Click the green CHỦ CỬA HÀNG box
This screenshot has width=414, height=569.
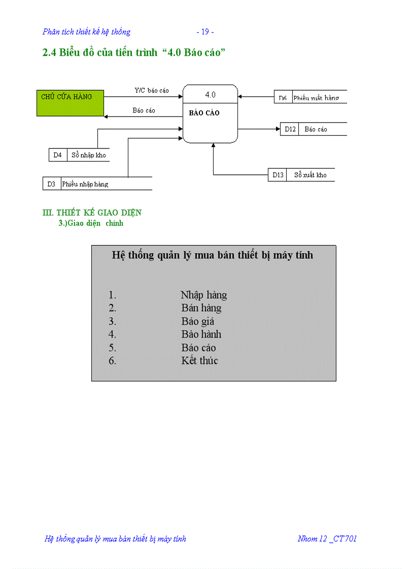[x=70, y=103]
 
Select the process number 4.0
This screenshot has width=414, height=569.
[x=210, y=95]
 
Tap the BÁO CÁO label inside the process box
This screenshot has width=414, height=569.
[x=204, y=113]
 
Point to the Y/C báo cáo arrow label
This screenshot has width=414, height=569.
[x=152, y=91]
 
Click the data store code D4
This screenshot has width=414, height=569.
[x=57, y=155]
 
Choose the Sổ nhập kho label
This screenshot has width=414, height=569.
[x=89, y=155]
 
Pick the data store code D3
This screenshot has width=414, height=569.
[x=51, y=184]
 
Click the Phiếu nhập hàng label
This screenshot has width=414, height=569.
[x=85, y=184]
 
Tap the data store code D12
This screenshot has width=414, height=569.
[x=290, y=129]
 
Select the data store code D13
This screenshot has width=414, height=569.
[x=278, y=175]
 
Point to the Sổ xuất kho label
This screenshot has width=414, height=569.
[x=310, y=175]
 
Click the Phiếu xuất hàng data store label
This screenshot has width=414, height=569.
[x=316, y=98]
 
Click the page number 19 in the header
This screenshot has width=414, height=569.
[x=205, y=32]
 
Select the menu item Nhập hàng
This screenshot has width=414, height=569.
[x=203, y=295]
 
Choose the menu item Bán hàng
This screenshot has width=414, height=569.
[x=201, y=308]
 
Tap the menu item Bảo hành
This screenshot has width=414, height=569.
[x=201, y=334]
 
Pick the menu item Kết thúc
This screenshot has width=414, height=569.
[x=200, y=361]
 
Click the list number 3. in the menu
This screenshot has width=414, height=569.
[x=112, y=321]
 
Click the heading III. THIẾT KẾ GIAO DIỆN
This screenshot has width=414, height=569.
[x=92, y=213]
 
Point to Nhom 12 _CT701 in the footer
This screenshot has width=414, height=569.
[x=327, y=539]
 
